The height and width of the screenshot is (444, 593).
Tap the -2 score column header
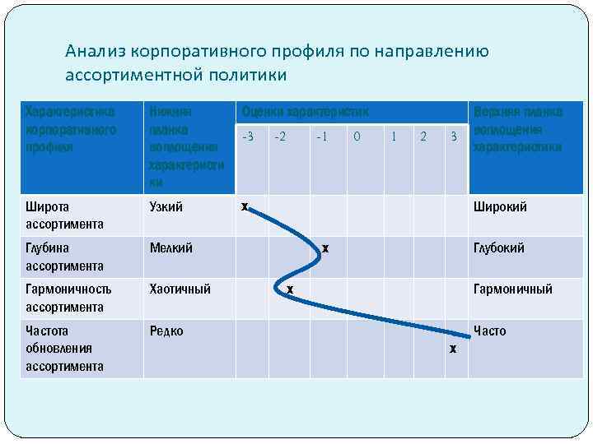click(280, 136)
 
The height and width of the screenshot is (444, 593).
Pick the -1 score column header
click(322, 136)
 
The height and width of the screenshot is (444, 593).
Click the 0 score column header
click(357, 136)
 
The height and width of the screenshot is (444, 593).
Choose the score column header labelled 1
click(393, 136)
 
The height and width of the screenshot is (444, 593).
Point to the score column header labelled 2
click(423, 136)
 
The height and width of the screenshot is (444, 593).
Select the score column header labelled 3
click(453, 136)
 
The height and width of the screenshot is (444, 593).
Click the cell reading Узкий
click(166, 207)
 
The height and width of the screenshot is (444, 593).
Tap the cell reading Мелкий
click(170, 248)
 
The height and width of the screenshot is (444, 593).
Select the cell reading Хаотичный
click(180, 289)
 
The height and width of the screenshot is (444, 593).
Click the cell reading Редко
click(166, 331)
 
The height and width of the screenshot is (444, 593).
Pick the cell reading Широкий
click(500, 207)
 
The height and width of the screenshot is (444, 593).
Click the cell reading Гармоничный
click(512, 289)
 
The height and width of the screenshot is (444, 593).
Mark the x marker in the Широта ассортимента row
click(244, 206)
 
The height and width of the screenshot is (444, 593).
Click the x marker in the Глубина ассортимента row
click(325, 247)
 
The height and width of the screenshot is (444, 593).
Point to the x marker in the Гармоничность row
click(290, 289)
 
